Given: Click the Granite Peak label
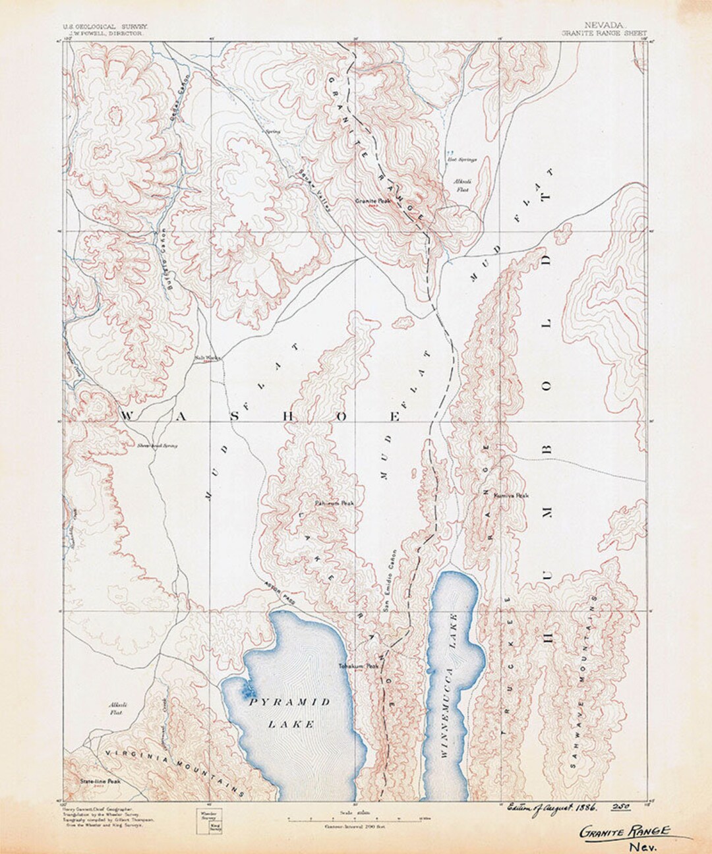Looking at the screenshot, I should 373,201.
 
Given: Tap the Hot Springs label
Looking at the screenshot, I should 458,159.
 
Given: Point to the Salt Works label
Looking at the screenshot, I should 207,358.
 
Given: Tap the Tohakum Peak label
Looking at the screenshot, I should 359,666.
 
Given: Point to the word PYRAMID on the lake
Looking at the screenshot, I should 290,702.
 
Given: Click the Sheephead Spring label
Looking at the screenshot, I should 158,446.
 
